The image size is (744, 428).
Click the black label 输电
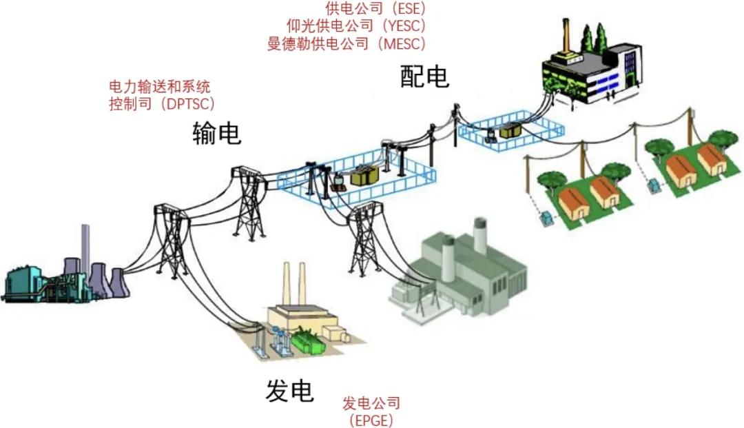pyautogui.click(x=217, y=133)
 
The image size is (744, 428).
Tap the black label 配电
pyautogui.click(x=424, y=77)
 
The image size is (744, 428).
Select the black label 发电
pyautogui.click(x=289, y=391)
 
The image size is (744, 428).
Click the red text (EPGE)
pyautogui.click(x=371, y=420)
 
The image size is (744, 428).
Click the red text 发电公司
pyautogui.click(x=371, y=403)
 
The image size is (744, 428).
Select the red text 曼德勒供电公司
pyautogui.click(x=318, y=43)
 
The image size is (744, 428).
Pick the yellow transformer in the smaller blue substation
pyautogui.click(x=510, y=130)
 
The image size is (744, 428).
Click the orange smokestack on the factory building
pyautogui.click(x=566, y=36)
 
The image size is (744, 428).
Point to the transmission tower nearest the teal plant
pyautogui.click(x=172, y=240)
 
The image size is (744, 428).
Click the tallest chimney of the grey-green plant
pyautogui.click(x=479, y=236)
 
